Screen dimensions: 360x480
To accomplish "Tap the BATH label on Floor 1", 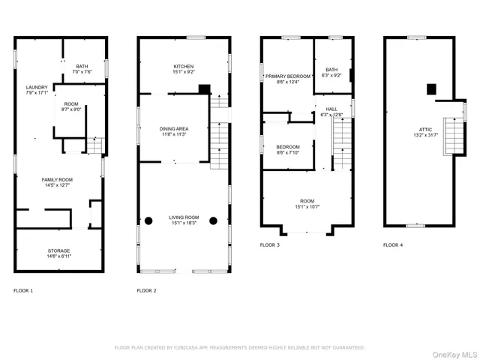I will click(82, 67).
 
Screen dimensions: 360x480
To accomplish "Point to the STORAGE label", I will click(59, 250).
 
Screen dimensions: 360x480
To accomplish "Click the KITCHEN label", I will click(184, 67).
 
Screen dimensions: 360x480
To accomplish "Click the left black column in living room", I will click(148, 220).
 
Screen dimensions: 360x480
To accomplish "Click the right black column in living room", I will click(213, 220).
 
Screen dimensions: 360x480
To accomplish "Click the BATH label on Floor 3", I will click(331, 70).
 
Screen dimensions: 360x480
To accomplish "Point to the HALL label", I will click(331, 109).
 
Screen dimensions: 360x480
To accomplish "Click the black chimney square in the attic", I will click(431, 89).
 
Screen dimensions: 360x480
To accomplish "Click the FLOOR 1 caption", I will click(23, 290).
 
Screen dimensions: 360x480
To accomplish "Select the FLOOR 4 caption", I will click(392, 245).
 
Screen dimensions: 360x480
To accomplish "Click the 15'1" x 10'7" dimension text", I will click(307, 208).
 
